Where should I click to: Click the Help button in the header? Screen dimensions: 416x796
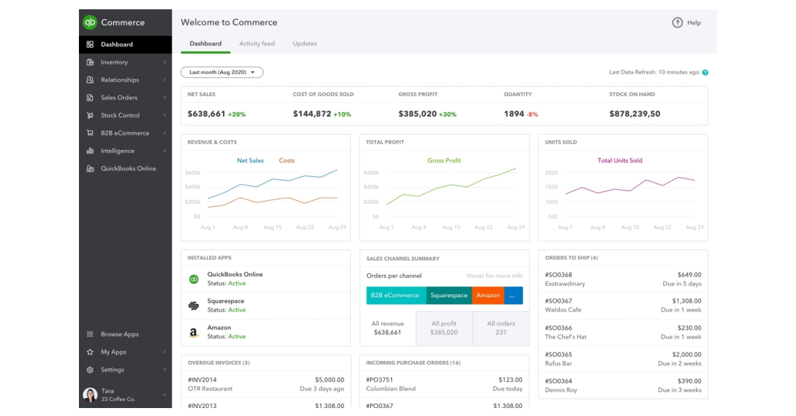click(687, 23)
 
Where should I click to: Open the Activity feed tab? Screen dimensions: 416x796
click(257, 44)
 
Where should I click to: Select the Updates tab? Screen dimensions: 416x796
click(304, 44)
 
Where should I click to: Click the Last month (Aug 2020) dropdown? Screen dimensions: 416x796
click(222, 72)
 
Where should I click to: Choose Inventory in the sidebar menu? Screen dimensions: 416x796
click(114, 62)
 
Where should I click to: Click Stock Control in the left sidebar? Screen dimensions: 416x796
click(120, 115)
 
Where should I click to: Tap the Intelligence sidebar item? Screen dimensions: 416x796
click(117, 151)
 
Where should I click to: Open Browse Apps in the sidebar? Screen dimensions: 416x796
click(119, 334)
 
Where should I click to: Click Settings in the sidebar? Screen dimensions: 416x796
click(112, 370)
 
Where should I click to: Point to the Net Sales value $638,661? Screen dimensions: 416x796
click(206, 114)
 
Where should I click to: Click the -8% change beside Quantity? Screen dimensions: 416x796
click(532, 115)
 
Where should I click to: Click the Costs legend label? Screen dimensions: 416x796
click(287, 161)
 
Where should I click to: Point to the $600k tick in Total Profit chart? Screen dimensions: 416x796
click(371, 173)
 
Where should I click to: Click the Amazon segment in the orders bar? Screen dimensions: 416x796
click(488, 295)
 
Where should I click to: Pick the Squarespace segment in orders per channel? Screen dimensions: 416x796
click(448, 295)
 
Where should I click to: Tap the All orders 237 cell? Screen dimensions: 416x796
click(501, 328)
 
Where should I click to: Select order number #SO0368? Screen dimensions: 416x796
click(559, 275)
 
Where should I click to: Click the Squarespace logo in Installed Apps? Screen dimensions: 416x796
click(194, 306)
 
